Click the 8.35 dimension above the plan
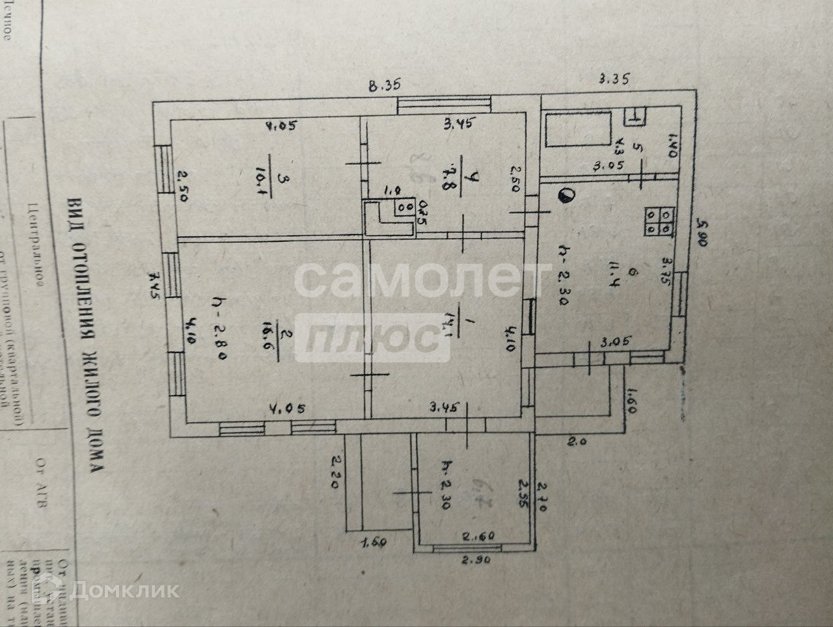[x=383, y=85]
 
